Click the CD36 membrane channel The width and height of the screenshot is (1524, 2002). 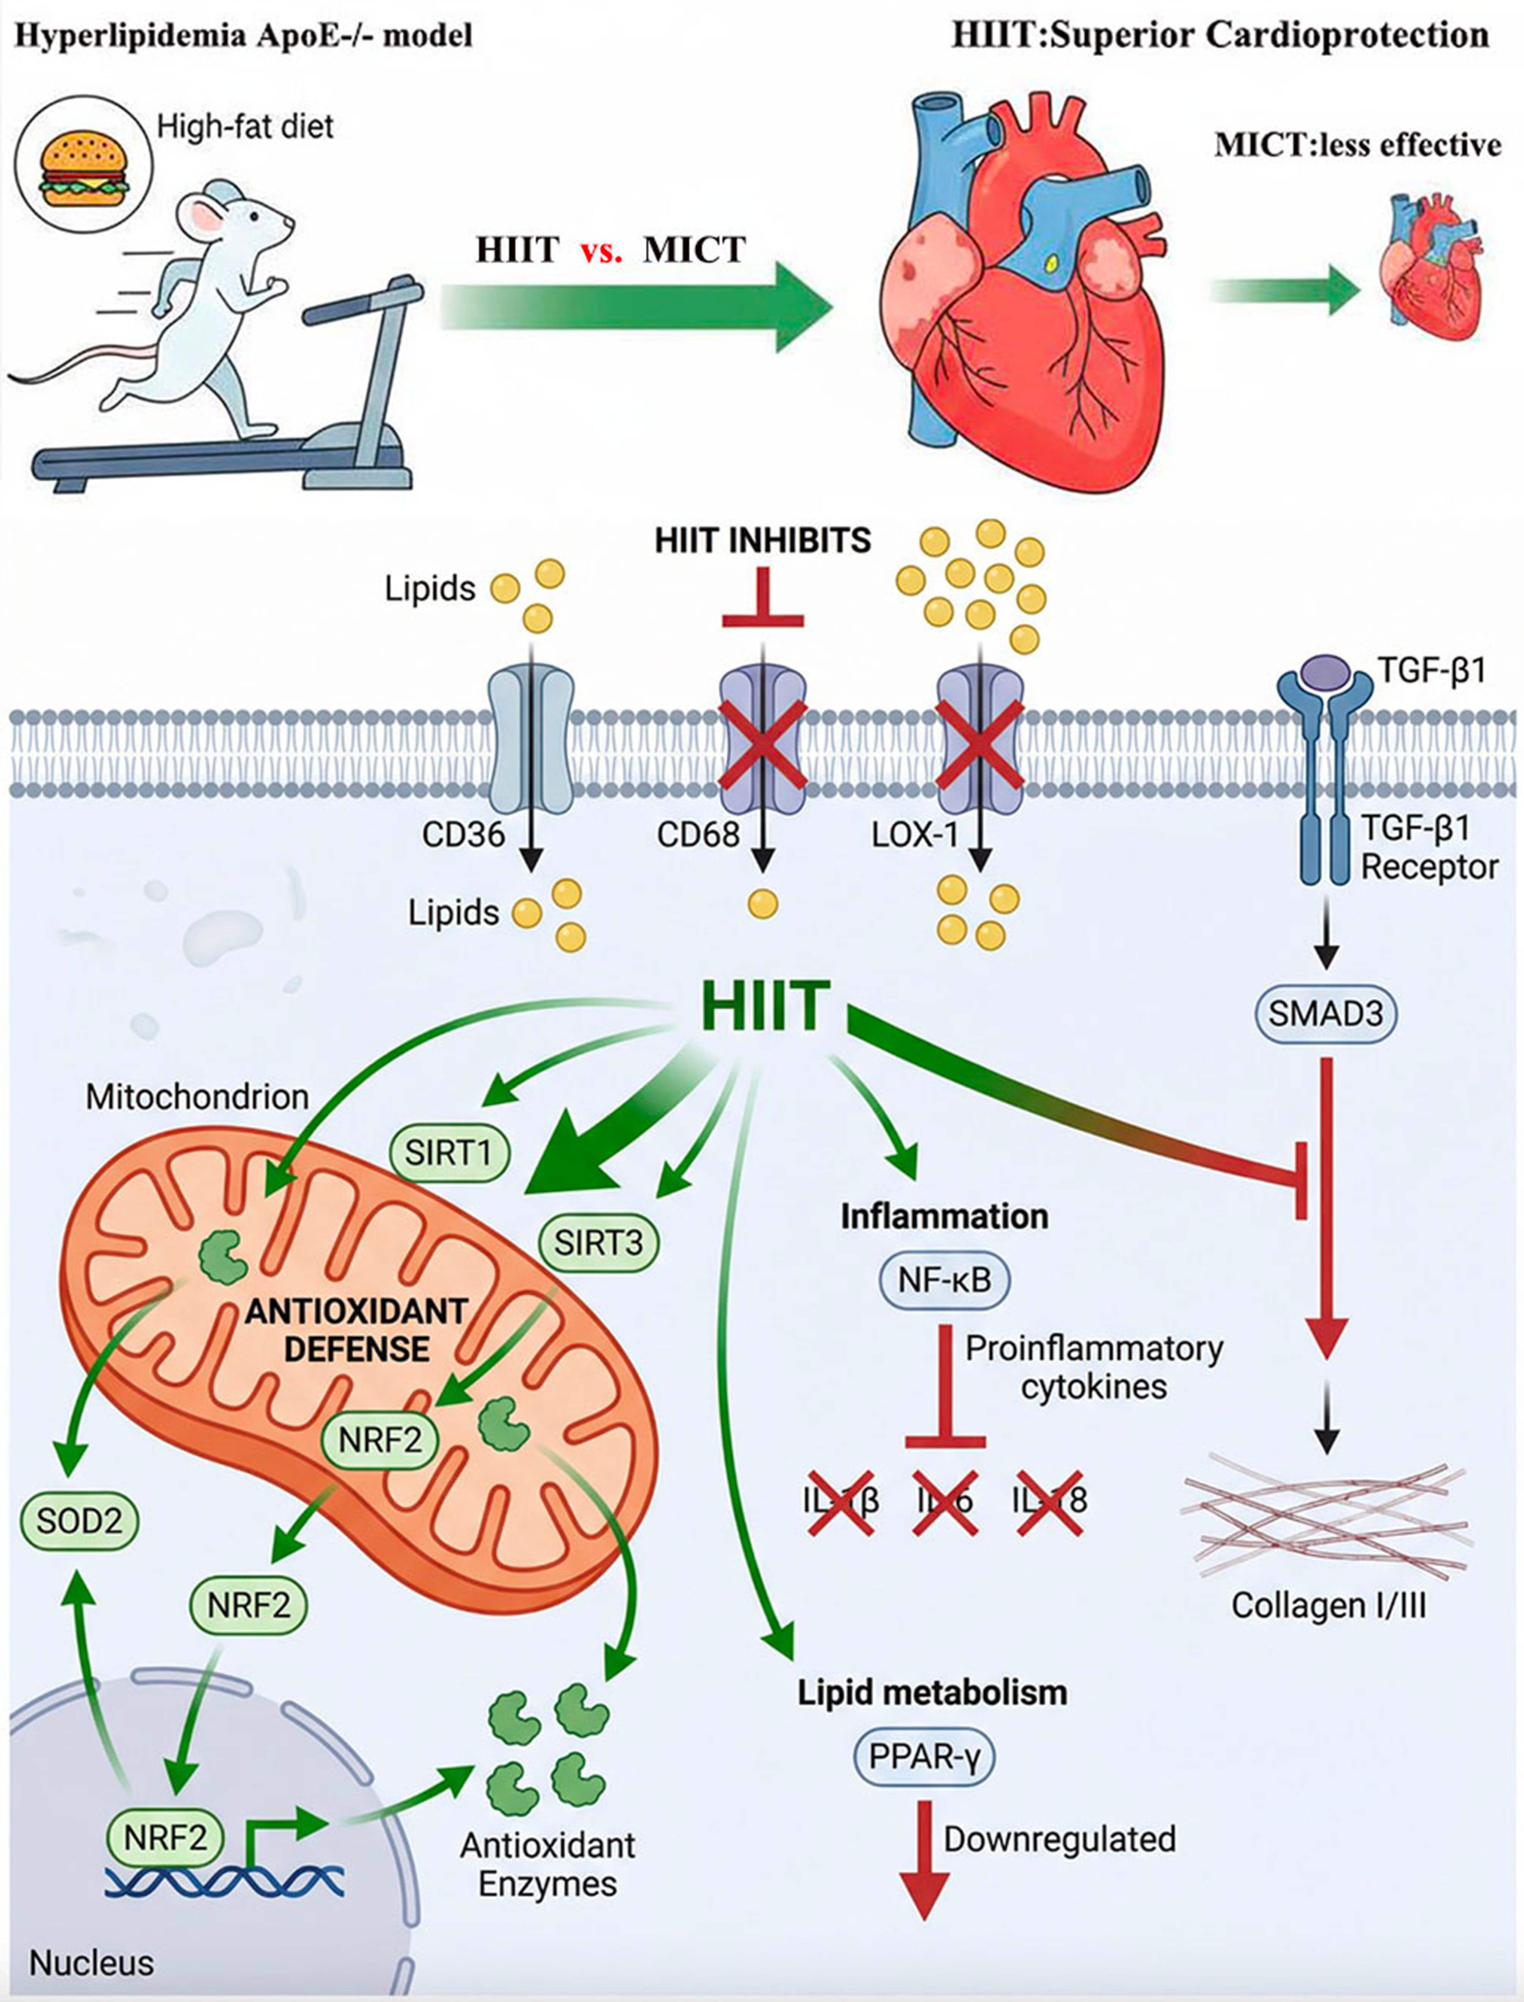tap(531, 739)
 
